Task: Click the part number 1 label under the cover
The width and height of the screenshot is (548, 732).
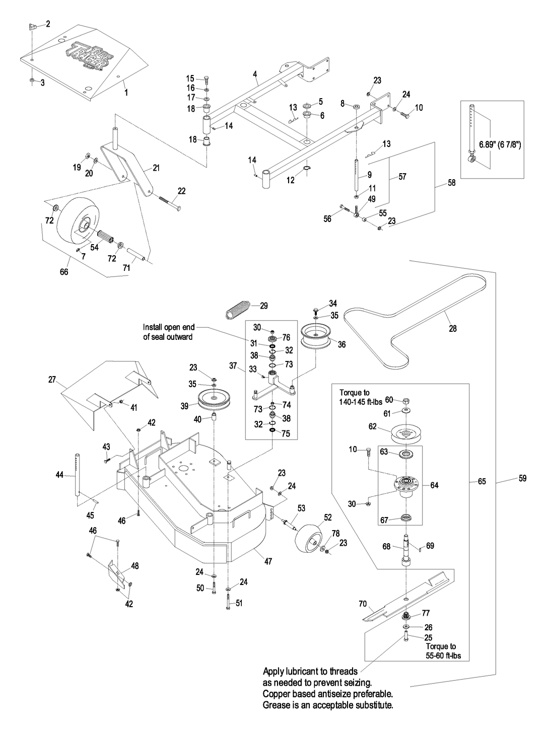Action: (126, 93)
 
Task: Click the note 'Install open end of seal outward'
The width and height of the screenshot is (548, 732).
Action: (168, 332)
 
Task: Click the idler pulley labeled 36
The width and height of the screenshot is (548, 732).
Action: (315, 336)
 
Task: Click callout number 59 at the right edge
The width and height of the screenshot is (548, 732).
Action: (522, 478)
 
